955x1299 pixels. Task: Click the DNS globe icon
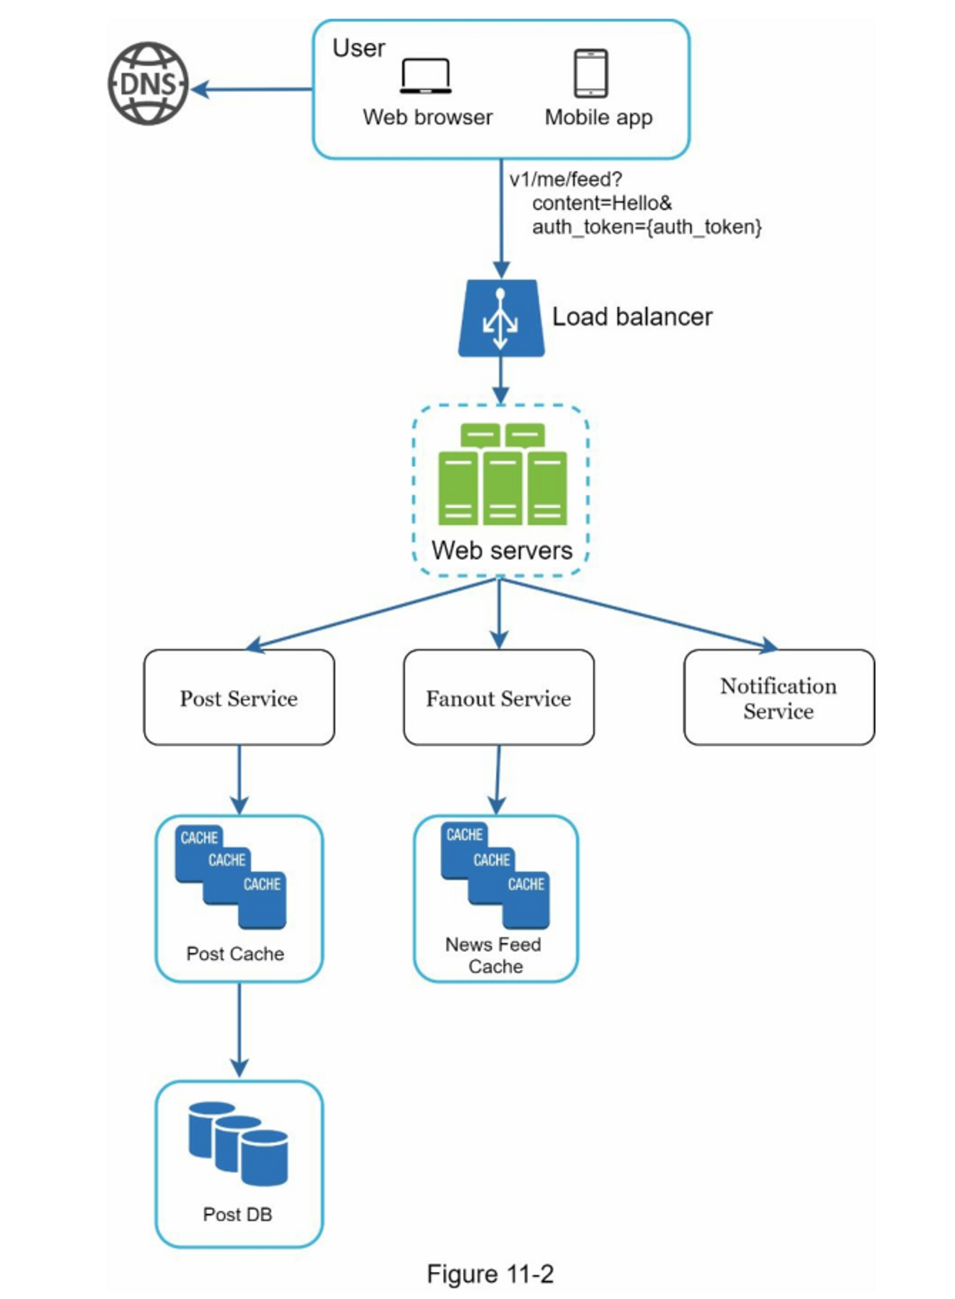point(148,83)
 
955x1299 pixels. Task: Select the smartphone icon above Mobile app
point(590,74)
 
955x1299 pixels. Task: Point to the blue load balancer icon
point(500,319)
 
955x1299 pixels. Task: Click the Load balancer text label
point(632,317)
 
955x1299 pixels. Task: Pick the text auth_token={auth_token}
point(647,227)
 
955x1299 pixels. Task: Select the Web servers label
point(502,550)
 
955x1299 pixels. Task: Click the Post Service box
point(239,698)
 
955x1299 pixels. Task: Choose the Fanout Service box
point(499,698)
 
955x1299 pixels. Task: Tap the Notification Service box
point(778,698)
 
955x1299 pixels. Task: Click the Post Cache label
point(235,954)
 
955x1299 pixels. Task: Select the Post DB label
point(238,1214)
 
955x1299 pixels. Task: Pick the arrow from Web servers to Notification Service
point(636,612)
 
